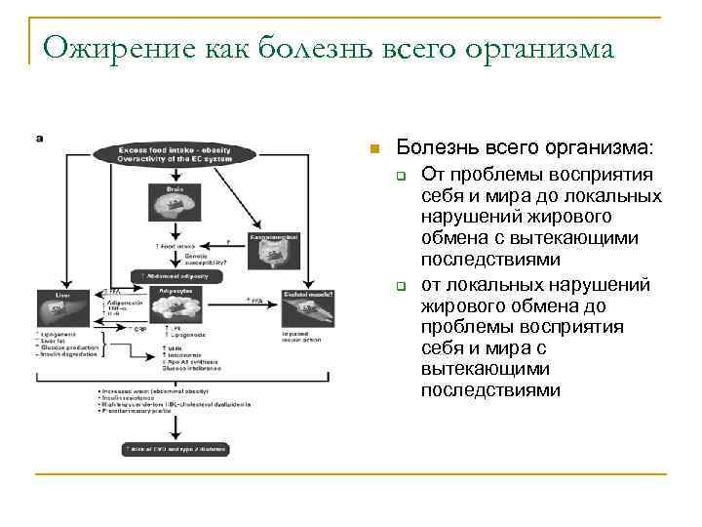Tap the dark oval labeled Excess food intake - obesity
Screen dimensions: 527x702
(175, 154)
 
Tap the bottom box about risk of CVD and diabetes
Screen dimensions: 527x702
(175, 449)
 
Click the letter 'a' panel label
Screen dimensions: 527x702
(39, 139)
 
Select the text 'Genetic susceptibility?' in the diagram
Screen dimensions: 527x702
(205, 260)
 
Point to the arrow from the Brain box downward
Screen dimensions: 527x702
(176, 232)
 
